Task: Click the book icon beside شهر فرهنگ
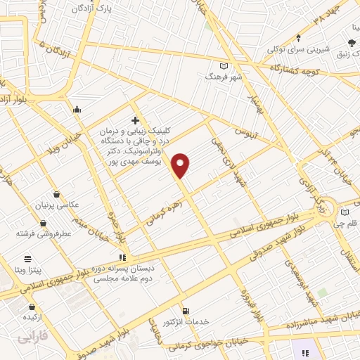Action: pos(224,65)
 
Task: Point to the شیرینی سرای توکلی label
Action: pos(289,49)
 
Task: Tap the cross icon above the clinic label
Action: pos(135,120)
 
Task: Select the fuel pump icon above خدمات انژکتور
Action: pos(186,310)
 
